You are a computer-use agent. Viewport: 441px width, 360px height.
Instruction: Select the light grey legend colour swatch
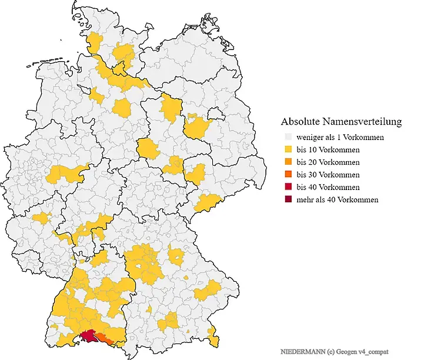pos(287,137)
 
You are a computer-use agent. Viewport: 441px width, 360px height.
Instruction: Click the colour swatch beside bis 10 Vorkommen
pos(287,149)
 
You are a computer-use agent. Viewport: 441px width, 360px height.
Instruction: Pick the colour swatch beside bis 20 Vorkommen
pos(287,162)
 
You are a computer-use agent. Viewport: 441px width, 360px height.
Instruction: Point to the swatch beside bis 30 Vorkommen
pos(287,175)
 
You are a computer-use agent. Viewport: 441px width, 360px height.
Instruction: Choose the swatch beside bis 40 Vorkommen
pos(287,187)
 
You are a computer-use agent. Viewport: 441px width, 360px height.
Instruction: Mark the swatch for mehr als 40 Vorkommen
pos(287,199)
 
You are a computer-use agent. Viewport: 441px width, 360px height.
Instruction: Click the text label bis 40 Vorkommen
pos(328,187)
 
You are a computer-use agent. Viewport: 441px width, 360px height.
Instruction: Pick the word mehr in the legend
pos(306,199)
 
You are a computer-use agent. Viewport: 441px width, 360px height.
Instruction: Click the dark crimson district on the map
pos(88,336)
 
